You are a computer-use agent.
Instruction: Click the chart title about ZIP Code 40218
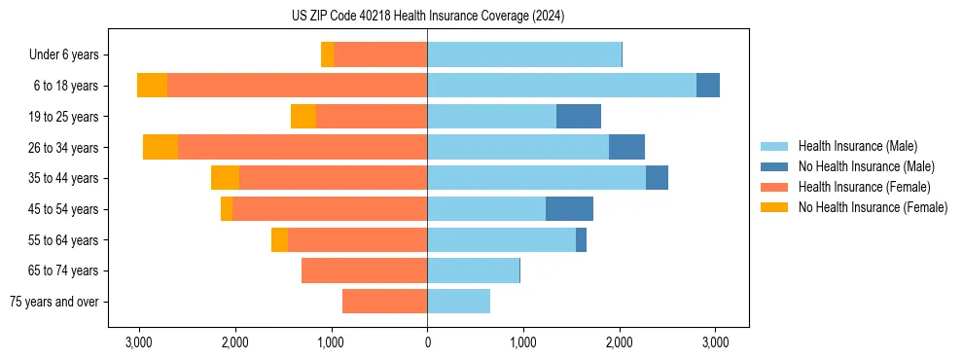(x=427, y=17)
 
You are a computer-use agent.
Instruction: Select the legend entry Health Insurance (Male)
(x=857, y=146)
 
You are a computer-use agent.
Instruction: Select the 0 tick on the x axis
(x=427, y=342)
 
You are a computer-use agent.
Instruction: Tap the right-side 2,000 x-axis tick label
(x=619, y=342)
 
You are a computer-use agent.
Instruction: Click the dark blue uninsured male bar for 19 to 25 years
(x=579, y=117)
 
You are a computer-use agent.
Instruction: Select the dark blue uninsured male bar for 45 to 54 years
(x=569, y=209)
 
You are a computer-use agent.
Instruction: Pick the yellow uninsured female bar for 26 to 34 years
(x=160, y=147)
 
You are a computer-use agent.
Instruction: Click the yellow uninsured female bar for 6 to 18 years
(x=152, y=86)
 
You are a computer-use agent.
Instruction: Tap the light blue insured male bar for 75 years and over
(x=458, y=302)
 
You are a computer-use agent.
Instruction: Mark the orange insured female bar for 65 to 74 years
(x=364, y=270)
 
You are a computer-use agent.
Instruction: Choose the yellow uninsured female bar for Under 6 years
(x=327, y=54)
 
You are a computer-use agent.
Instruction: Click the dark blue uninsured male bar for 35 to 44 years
(x=657, y=178)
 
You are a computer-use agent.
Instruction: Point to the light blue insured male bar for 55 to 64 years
(x=501, y=239)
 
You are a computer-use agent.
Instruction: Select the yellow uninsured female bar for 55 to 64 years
(x=279, y=239)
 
